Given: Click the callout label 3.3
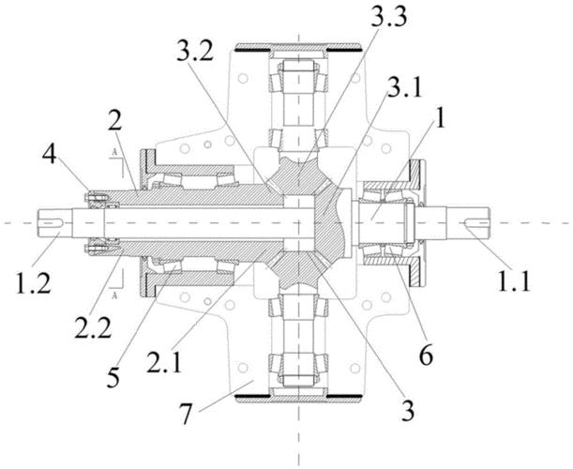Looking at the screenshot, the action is pyautogui.click(x=388, y=17).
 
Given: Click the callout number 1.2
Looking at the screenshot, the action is pyautogui.click(x=33, y=281).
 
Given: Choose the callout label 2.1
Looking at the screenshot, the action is pyautogui.click(x=164, y=360).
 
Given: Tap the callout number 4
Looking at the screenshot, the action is pyautogui.click(x=50, y=156).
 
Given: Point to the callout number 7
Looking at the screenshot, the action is pyautogui.click(x=186, y=414).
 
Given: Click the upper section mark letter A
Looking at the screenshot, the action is pyautogui.click(x=114, y=153).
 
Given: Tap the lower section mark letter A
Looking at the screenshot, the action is pyautogui.click(x=114, y=295).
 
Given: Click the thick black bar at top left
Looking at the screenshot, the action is pyautogui.click(x=252, y=50).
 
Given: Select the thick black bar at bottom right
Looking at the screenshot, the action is pyautogui.click(x=344, y=396).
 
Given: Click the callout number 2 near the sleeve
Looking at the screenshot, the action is pyautogui.click(x=114, y=122).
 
